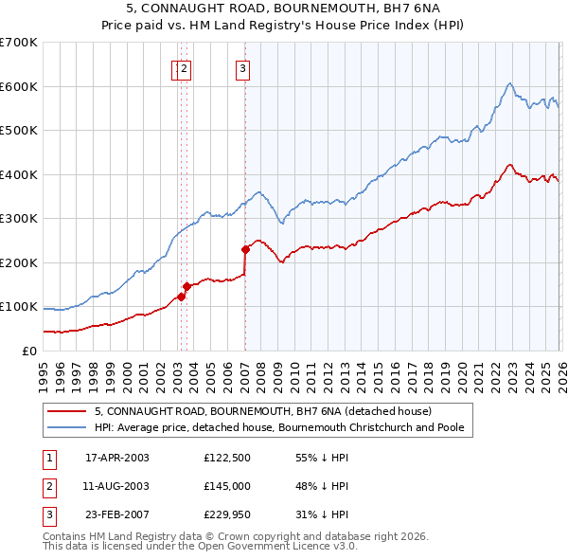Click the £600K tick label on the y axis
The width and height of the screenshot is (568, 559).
click(19, 86)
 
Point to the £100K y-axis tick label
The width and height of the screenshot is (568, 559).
click(19, 307)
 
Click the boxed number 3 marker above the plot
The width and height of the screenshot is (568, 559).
click(243, 68)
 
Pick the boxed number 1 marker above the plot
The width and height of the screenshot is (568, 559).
click(177, 68)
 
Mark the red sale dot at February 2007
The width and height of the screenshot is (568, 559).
click(245, 249)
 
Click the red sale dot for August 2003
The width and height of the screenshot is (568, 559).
click(186, 286)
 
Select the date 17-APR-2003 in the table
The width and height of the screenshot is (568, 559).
click(117, 458)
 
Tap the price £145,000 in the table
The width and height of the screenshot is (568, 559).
click(226, 486)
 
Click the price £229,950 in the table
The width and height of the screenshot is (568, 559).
click(226, 514)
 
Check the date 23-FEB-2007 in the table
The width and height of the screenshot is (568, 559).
click(117, 514)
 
